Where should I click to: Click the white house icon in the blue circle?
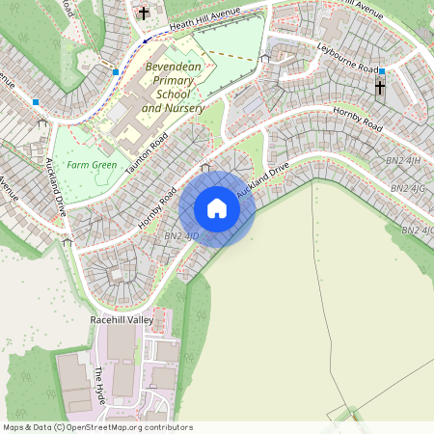coord(217,208)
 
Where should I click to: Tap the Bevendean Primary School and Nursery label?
coord(173,88)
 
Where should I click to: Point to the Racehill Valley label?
coord(122,318)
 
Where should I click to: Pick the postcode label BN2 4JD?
coord(180,235)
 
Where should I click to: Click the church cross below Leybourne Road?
coord(379,88)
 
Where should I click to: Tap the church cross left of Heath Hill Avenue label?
coord(144,14)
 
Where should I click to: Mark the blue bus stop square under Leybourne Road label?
coord(382,71)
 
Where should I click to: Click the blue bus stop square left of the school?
coord(116,71)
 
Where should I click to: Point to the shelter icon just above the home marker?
coord(204,169)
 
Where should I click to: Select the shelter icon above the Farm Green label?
coord(41,124)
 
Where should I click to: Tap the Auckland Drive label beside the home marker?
coord(263,181)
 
